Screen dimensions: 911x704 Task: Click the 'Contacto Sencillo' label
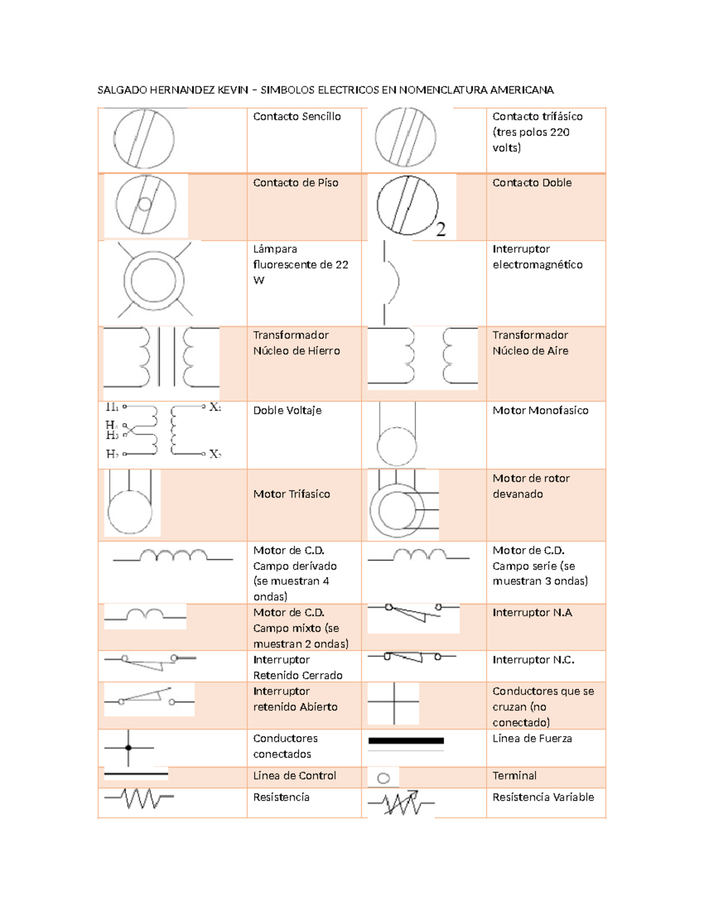pyautogui.click(x=297, y=117)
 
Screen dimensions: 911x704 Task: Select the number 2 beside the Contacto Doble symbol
pyautogui.click(x=441, y=229)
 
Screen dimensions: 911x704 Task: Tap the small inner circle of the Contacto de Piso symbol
pyautogui.click(x=144, y=205)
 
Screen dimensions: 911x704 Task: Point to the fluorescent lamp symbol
pyautogui.click(x=154, y=280)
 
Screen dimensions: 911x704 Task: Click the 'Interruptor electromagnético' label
pyautogui.click(x=537, y=257)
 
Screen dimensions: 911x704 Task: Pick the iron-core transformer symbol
pyautogui.click(x=161, y=357)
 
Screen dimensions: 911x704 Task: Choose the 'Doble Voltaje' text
pyautogui.click(x=287, y=411)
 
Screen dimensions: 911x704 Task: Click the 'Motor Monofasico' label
pyautogui.click(x=540, y=411)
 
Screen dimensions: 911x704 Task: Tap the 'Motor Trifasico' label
pyautogui.click(x=292, y=495)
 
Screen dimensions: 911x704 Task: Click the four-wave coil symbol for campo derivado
pyautogui.click(x=173, y=556)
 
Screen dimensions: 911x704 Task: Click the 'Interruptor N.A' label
pyautogui.click(x=532, y=613)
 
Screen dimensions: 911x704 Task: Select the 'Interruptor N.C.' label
pyautogui.click(x=533, y=660)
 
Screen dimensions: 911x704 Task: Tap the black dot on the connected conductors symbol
pyautogui.click(x=128, y=748)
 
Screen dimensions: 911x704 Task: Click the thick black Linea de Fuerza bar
pyautogui.click(x=406, y=741)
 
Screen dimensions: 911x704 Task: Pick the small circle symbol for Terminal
pyautogui.click(x=384, y=778)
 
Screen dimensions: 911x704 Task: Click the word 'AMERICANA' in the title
pyautogui.click(x=522, y=90)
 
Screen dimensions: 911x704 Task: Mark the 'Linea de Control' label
pyautogui.click(x=295, y=776)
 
